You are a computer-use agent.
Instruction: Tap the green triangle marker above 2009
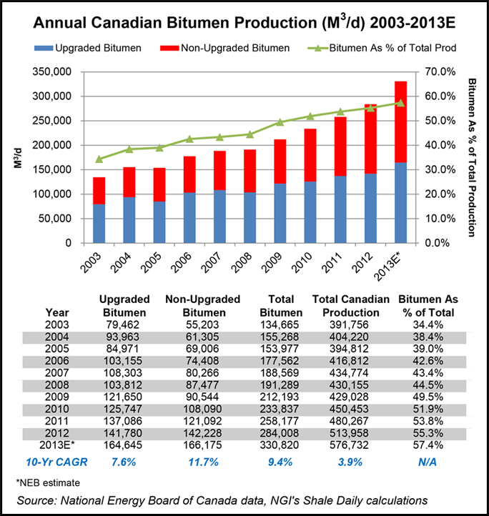[x=280, y=122]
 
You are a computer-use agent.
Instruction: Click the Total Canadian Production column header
[x=351, y=306]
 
